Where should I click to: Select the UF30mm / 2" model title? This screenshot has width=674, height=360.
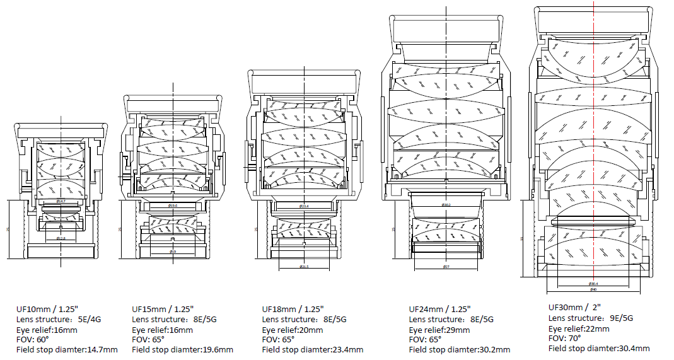coord(575,307)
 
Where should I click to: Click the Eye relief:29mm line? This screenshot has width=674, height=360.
coord(439,330)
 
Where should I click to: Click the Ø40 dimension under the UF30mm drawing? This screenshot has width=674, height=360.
coord(593,289)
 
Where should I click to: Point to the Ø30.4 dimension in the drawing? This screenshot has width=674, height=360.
coord(593,283)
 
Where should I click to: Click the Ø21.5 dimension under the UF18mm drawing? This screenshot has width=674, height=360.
coord(303,267)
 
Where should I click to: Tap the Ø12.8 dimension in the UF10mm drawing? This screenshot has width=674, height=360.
coord(61,238)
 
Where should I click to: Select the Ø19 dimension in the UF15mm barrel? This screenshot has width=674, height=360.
coord(173,252)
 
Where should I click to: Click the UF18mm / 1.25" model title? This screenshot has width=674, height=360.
coord(293,309)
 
